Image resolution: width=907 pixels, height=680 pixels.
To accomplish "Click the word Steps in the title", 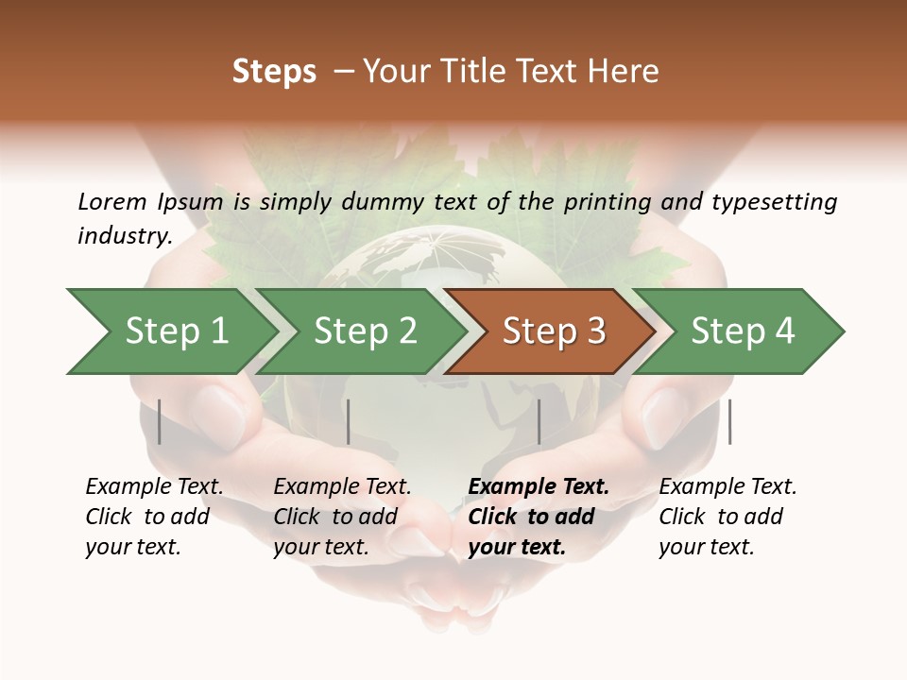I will [x=274, y=72].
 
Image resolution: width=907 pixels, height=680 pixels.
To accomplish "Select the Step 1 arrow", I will [x=176, y=331].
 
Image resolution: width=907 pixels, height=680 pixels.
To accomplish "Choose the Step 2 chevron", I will [x=365, y=331].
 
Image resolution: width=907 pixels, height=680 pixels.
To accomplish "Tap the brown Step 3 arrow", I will [x=553, y=331].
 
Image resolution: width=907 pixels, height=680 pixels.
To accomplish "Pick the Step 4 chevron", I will [x=743, y=331].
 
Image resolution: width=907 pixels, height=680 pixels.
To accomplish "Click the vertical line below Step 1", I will [x=160, y=422].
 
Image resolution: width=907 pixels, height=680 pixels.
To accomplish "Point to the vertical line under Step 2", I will [x=349, y=422].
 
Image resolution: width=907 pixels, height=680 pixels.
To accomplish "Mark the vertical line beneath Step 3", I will [x=539, y=422].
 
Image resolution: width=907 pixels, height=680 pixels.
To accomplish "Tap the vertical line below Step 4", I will [x=729, y=422].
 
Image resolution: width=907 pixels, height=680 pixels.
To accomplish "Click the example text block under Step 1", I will [x=154, y=517].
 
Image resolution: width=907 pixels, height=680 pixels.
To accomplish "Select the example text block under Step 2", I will [x=342, y=517].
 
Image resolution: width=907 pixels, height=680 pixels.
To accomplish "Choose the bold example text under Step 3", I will [x=539, y=517].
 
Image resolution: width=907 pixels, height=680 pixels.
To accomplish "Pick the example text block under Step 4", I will [x=727, y=517].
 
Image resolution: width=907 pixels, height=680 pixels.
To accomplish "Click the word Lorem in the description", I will [x=112, y=201].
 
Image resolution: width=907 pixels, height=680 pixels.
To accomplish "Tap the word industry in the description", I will [x=124, y=236].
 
